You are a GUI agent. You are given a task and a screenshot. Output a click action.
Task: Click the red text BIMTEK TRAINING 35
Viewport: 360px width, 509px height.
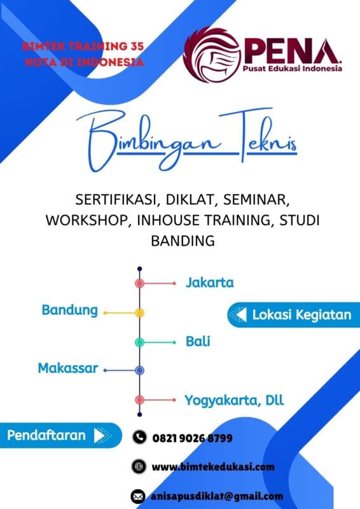click(83, 46)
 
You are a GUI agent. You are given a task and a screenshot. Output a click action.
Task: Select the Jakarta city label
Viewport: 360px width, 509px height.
click(210, 282)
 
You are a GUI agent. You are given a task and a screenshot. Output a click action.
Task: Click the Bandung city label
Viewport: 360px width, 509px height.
click(70, 310)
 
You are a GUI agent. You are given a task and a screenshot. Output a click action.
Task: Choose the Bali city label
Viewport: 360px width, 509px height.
click(198, 342)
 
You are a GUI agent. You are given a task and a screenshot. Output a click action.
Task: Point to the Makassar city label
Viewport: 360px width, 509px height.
click(68, 368)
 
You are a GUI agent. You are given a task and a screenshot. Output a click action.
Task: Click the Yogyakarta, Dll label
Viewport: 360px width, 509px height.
click(234, 400)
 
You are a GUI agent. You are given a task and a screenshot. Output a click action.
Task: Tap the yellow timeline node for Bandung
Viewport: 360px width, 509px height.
click(139, 312)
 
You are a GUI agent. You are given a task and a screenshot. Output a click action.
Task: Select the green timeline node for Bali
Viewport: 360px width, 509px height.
click(139, 342)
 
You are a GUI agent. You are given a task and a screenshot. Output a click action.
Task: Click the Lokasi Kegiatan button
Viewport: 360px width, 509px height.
click(292, 314)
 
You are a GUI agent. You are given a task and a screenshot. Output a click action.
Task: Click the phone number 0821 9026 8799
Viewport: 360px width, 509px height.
click(191, 438)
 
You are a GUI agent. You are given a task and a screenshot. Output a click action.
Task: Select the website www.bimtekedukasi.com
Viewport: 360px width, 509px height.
click(213, 466)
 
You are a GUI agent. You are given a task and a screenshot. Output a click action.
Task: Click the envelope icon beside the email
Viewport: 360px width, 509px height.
click(138, 496)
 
